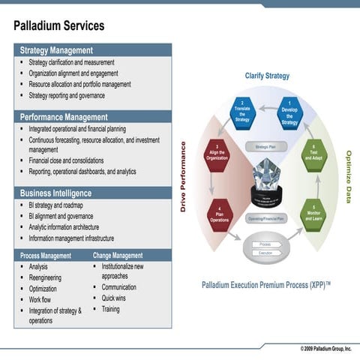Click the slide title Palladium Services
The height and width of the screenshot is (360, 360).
point(58,27)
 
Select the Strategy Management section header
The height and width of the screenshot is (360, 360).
point(56,50)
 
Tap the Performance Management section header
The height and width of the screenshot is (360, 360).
point(64,117)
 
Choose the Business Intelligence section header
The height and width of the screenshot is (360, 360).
point(56,193)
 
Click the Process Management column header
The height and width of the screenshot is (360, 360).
point(46,256)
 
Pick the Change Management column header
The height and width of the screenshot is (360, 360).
point(118,256)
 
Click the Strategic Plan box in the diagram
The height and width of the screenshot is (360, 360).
point(266,147)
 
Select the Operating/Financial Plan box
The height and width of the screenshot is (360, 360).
point(266,218)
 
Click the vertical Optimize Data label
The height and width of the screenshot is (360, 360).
point(348,177)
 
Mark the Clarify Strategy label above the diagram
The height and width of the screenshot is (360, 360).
point(266,76)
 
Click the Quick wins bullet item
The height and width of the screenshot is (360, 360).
point(114,298)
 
